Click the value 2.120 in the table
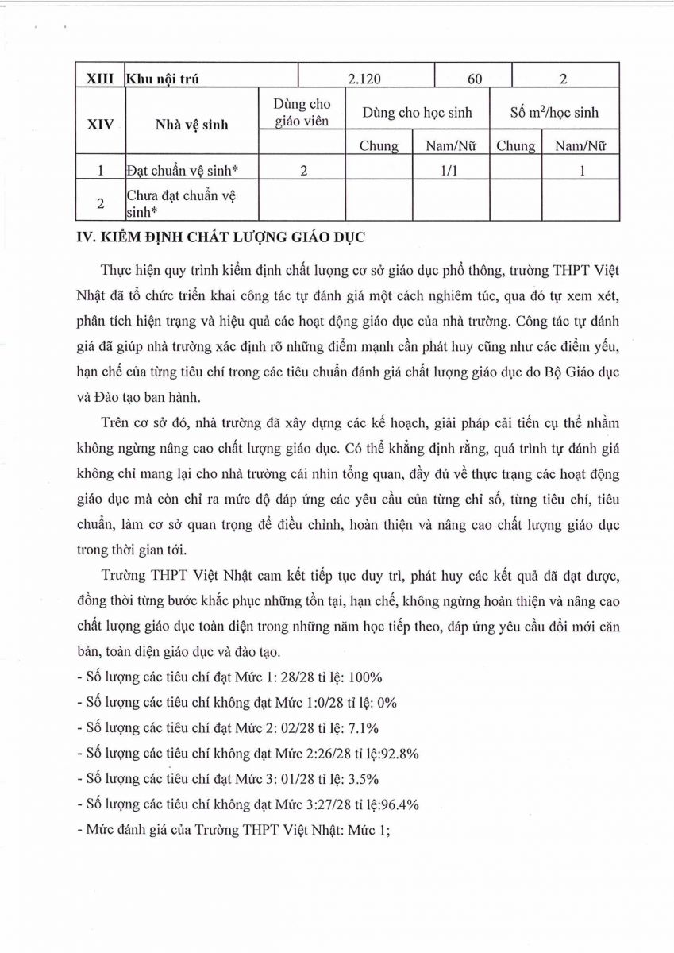coord(366,78)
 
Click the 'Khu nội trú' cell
coord(164,79)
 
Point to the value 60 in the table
coord(474,78)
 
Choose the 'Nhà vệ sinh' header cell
coord(191,124)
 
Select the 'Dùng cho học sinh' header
coord(417,113)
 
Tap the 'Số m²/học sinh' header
coord(554,113)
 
